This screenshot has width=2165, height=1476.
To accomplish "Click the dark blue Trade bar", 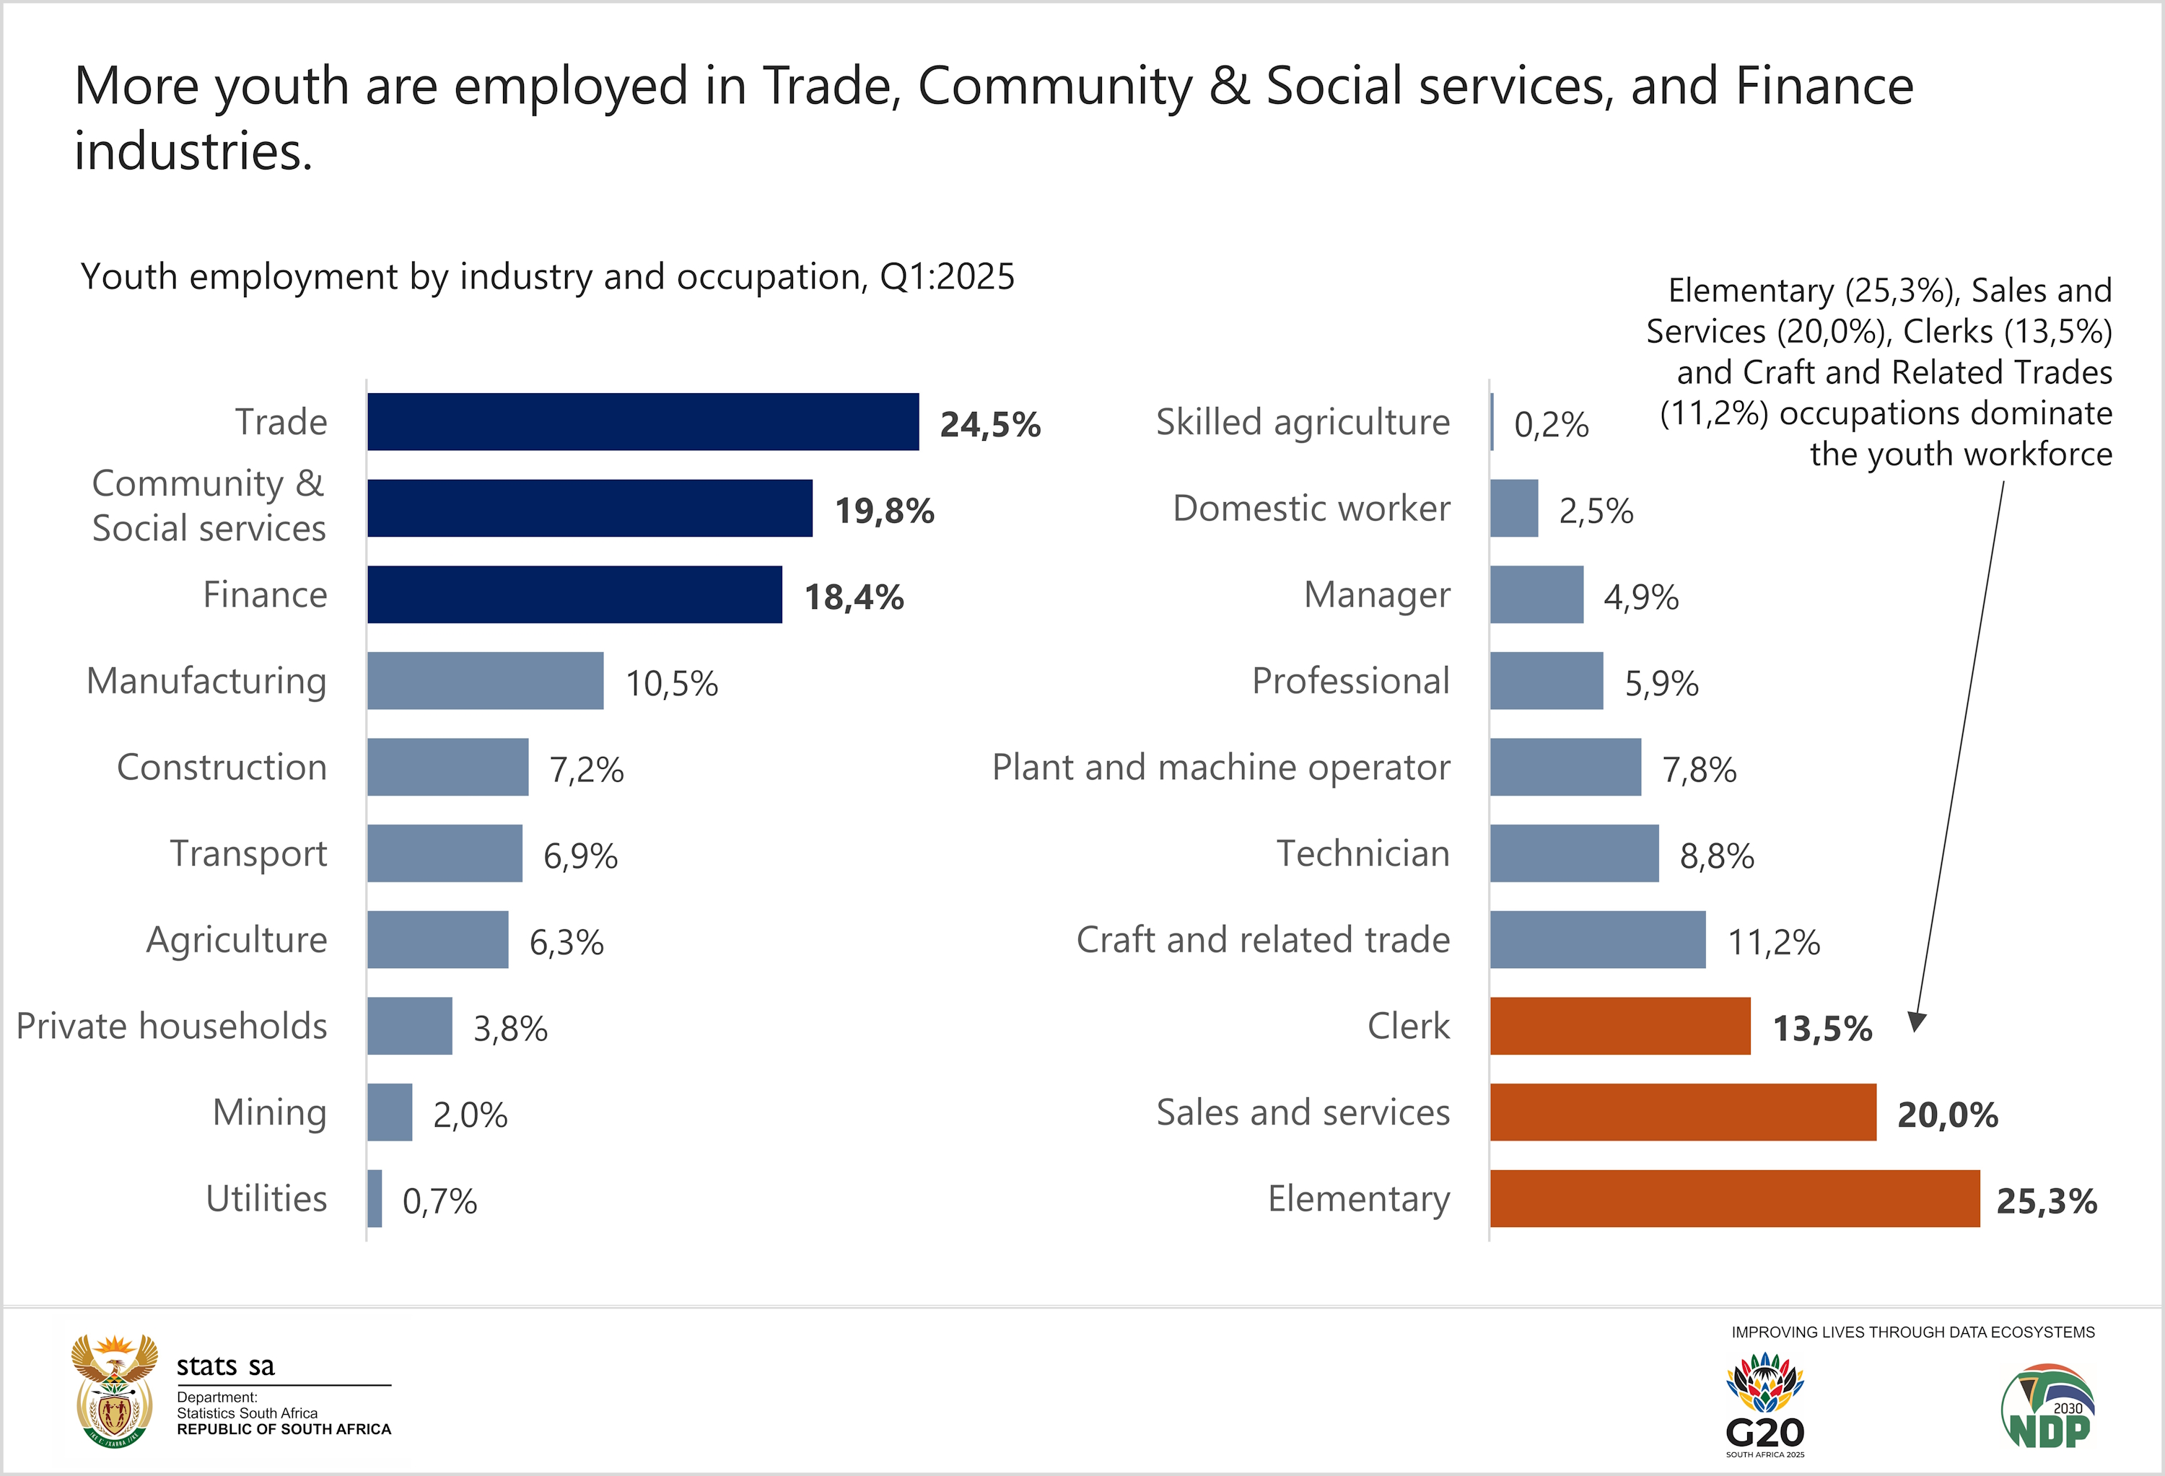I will pyautogui.click(x=643, y=422).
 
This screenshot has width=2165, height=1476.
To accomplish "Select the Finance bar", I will pyautogui.click(x=574, y=594).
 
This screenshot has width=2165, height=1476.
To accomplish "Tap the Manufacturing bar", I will pyautogui.click(x=484, y=681).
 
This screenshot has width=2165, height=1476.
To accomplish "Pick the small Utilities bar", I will pyautogui.click(x=375, y=1198).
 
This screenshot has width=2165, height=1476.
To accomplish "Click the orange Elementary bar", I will pyautogui.click(x=1735, y=1198).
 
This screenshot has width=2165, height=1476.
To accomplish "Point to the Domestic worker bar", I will pyautogui.click(x=1514, y=509).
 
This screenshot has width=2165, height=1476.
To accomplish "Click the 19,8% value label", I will pyautogui.click(x=884, y=510).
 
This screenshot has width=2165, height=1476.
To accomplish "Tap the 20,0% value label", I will pyautogui.click(x=1948, y=1115).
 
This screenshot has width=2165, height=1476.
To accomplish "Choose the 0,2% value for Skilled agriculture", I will pyautogui.click(x=1551, y=425).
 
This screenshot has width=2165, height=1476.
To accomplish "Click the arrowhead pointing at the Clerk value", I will pyautogui.click(x=1915, y=1022).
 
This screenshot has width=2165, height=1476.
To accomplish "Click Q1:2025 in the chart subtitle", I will pyautogui.click(x=947, y=276).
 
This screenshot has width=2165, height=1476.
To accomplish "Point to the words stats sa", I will pyautogui.click(x=225, y=1366).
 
